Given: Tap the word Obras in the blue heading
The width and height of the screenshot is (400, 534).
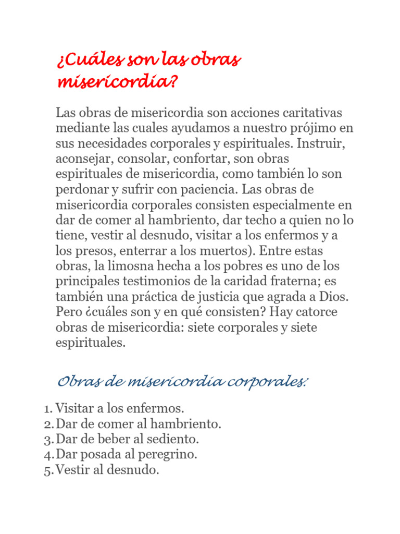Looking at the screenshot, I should (78, 383).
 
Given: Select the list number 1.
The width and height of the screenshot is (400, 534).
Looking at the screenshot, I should (47, 408).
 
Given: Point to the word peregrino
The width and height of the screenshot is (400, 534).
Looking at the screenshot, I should (171, 455).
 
